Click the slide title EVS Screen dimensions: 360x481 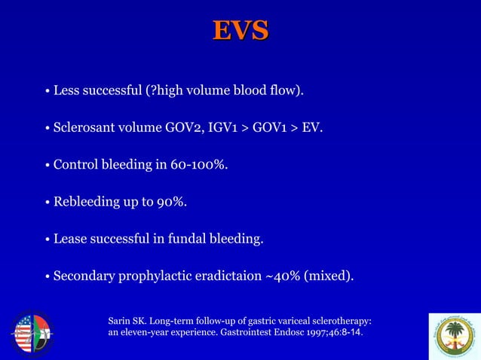[240, 30]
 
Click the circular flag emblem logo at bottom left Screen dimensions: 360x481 [32, 332]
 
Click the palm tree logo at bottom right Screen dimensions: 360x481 [453, 335]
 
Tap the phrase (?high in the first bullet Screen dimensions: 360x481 [161, 91]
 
